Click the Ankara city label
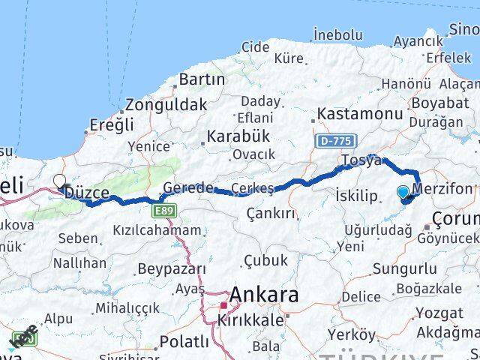pyautogui.click(x=265, y=295)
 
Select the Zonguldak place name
pyautogui.click(x=166, y=105)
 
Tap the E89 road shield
pyautogui.click(x=166, y=211)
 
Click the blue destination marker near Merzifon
pyautogui.click(x=403, y=193)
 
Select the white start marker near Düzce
pyautogui.click(x=59, y=181)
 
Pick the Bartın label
pyautogui.click(x=202, y=79)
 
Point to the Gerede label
pyautogui.click(x=188, y=187)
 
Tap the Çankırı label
pyautogui.click(x=271, y=214)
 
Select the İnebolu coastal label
pyautogui.click(x=338, y=34)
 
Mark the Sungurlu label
pyautogui.click(x=405, y=268)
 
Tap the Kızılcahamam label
pyautogui.click(x=157, y=230)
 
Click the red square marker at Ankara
pyautogui.click(x=222, y=305)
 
